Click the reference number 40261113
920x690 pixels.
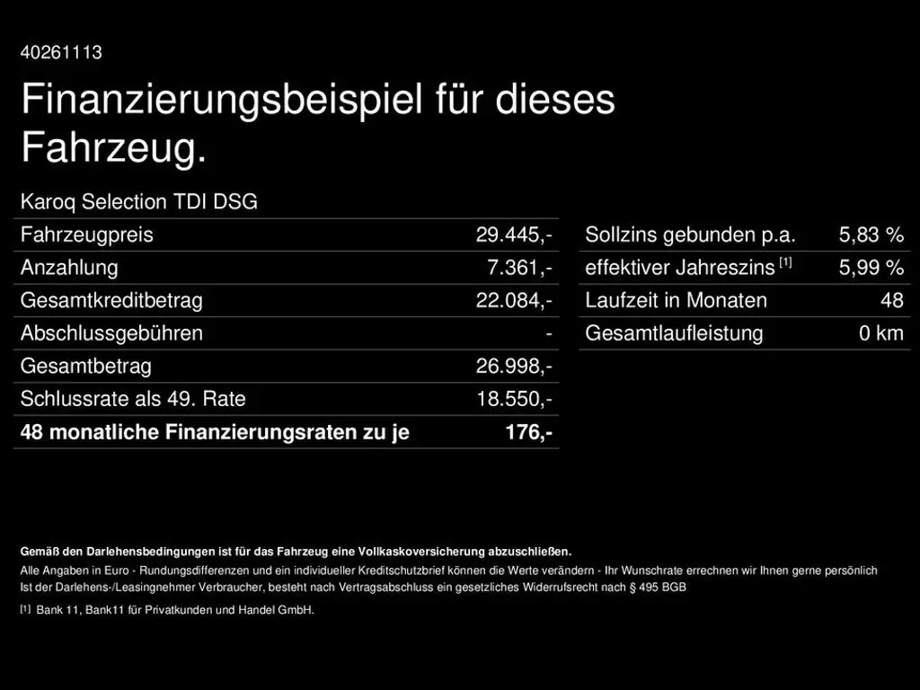tap(61, 52)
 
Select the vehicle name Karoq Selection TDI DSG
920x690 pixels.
tap(138, 202)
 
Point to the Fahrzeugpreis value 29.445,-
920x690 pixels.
tap(514, 235)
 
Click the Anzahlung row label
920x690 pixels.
tap(69, 268)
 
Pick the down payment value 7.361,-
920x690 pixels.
tap(520, 268)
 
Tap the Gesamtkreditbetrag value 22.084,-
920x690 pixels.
tap(514, 301)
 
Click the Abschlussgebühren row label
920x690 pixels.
tap(111, 333)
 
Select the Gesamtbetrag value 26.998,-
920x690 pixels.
tap(514, 367)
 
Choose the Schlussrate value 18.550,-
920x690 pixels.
tap(514, 399)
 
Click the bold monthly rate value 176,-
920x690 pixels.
tap(528, 432)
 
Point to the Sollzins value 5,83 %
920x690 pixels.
tap(871, 235)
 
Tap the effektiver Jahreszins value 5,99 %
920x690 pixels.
tap(871, 268)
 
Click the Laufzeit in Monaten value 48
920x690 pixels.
tap(891, 301)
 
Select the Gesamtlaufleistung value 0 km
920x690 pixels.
tap(880, 333)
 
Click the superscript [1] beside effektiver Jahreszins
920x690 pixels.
tap(785, 262)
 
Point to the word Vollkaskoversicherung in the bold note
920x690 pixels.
tap(421, 551)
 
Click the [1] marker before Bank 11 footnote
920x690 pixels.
tap(25, 609)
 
